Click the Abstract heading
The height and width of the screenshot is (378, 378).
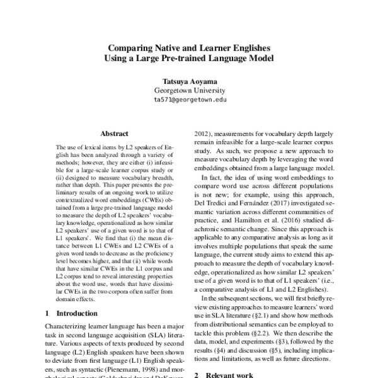click(114, 134)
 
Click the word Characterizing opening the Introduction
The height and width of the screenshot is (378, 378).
click(69, 327)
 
